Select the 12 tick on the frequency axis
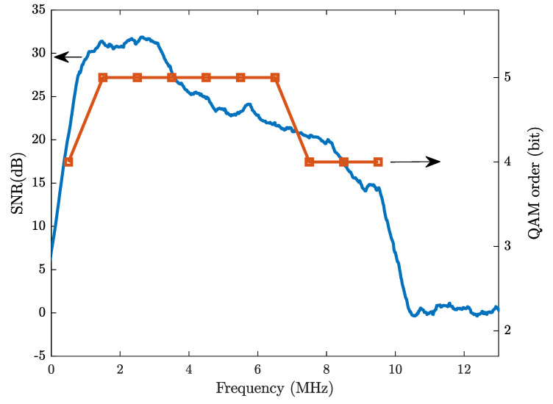click(464, 369)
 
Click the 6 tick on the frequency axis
click(257, 369)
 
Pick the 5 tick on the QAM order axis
click(507, 77)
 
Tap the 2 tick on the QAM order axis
click(507, 331)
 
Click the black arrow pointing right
click(415, 162)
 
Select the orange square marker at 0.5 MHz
click(68, 162)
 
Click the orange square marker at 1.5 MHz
click(103, 77)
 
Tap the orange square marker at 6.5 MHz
click(275, 77)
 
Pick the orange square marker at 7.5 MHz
click(310, 162)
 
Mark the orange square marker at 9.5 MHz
click(378, 162)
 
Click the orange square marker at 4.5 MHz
click(206, 77)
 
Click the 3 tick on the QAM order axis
click(507, 246)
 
